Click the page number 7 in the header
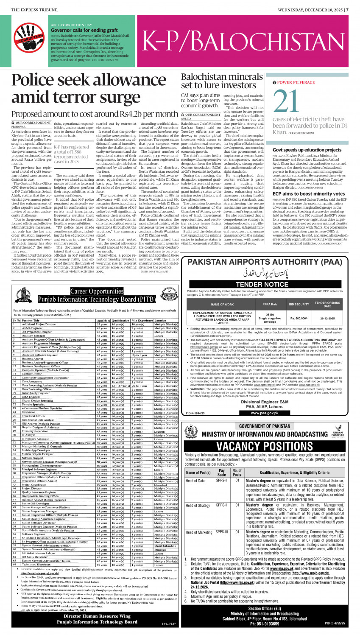(347, 10)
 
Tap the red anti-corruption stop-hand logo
(29, 38)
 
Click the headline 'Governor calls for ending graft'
(84, 30)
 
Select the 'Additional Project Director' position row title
(39, 324)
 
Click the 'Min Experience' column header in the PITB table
(142, 321)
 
